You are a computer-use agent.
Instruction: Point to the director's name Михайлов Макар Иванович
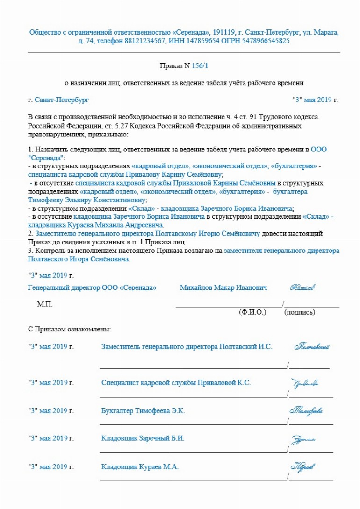tap(223, 287)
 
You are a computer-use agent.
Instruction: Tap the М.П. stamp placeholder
tap(45, 304)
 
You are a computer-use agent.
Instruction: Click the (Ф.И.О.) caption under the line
tap(252, 312)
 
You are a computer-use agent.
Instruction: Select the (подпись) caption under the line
tap(299, 312)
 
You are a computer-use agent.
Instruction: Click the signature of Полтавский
tap(312, 347)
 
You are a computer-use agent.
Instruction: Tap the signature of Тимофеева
tap(306, 411)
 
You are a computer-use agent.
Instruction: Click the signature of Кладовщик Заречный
tap(303, 439)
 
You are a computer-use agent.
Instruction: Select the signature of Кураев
tap(302, 466)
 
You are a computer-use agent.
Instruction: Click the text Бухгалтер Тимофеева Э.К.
tap(143, 411)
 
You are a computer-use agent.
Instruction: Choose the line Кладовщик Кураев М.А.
tap(140, 466)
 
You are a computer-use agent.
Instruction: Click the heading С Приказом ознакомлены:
tap(69, 329)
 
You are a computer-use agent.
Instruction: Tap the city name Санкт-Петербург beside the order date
tap(61, 100)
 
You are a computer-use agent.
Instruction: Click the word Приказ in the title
tap(169, 66)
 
